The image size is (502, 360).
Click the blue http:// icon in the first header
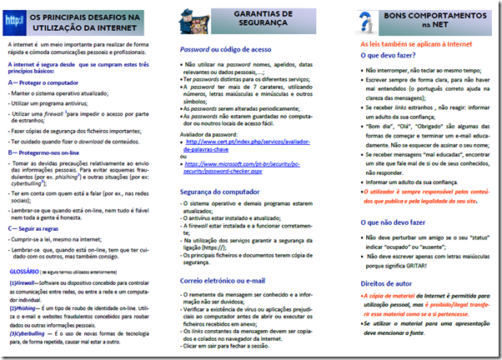(x=16, y=17)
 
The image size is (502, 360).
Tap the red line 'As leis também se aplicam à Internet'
(x=413, y=43)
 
